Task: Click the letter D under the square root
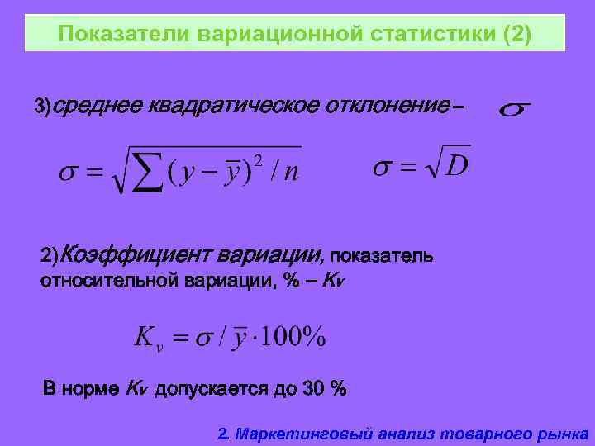(x=456, y=166)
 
